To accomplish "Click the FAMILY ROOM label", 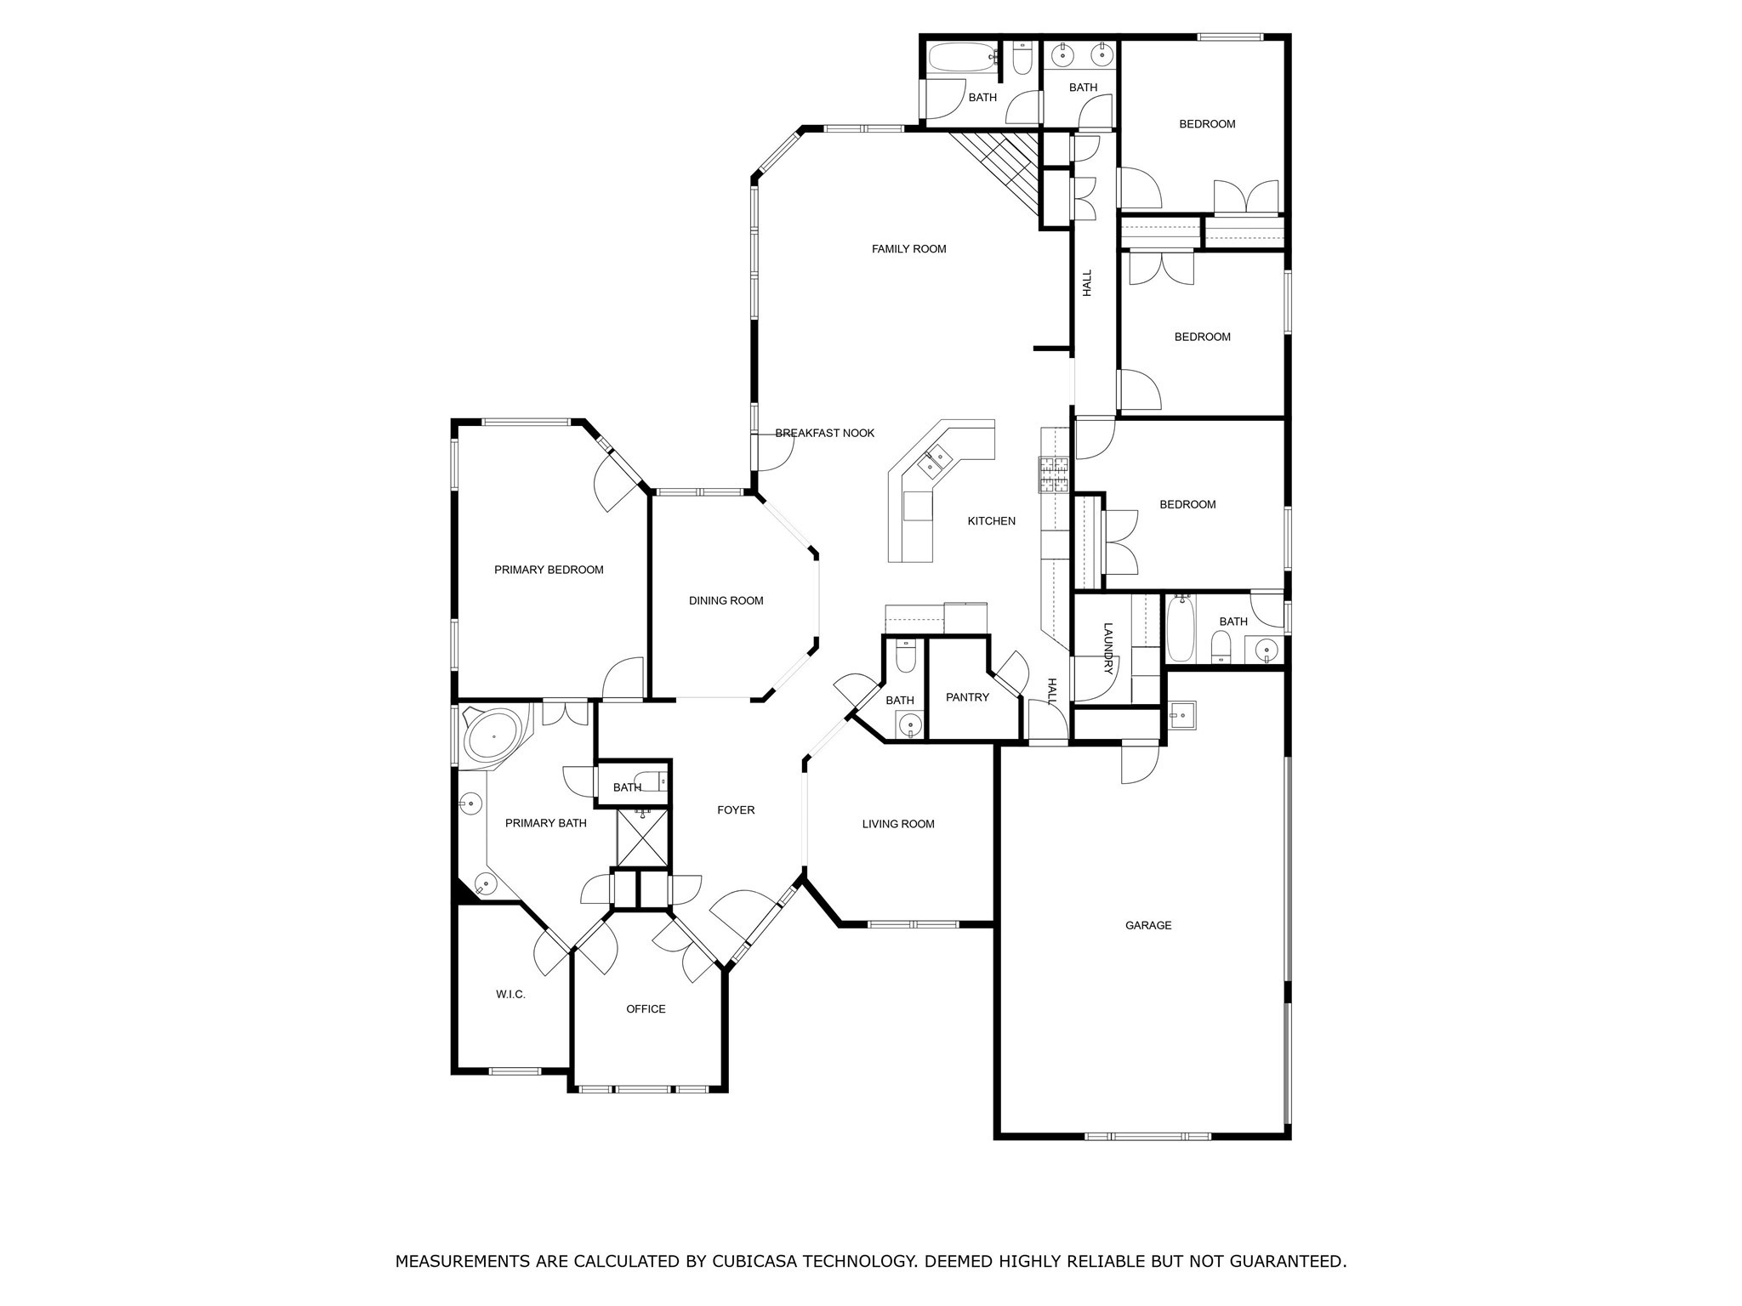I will [x=908, y=249].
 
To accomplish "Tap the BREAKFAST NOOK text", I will [x=824, y=434].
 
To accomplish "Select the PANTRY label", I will [x=967, y=697].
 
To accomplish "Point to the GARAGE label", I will [x=1148, y=925].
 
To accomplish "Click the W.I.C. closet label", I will [x=510, y=994].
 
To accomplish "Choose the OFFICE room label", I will [x=646, y=1009].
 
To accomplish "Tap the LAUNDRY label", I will [x=1107, y=649].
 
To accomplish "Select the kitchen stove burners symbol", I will [x=1053, y=475].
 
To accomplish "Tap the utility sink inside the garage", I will [x=1181, y=715].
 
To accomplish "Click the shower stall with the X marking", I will [x=643, y=838].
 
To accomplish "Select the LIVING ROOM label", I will [x=898, y=824].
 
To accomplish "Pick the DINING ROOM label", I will [x=726, y=601].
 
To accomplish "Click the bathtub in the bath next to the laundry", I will [x=1180, y=628].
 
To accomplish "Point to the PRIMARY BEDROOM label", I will [x=549, y=570].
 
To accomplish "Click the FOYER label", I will [x=736, y=810].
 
